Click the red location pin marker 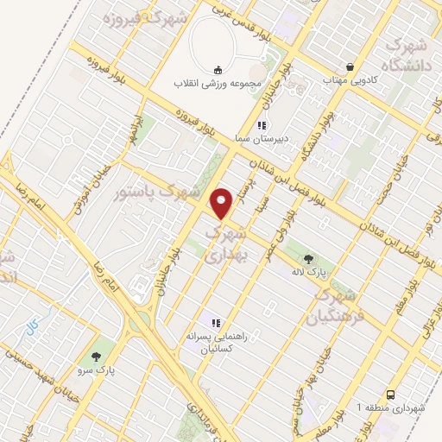coord(223,203)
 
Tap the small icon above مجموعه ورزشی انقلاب coord(218,70)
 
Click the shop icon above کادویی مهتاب coord(350,66)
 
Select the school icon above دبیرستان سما coord(262,125)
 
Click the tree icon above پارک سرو coord(97,356)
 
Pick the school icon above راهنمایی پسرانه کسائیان coord(217,323)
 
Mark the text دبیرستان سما coord(264,139)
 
